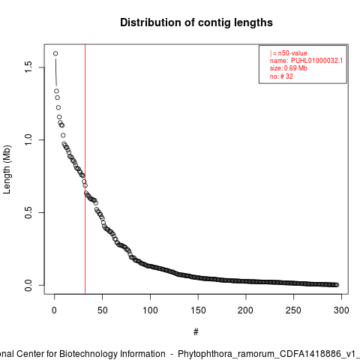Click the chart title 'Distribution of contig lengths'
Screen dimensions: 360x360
click(x=196, y=22)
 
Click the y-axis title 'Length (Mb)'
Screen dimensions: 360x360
click(x=7, y=169)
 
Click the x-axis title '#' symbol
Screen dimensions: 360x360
click(x=196, y=332)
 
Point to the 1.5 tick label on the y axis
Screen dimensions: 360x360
click(x=28, y=67)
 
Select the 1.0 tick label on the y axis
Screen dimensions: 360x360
click(x=28, y=139)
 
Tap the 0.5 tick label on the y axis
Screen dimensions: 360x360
click(x=28, y=212)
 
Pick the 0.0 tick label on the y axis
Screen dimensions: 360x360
click(x=28, y=285)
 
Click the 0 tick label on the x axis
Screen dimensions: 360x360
click(x=54, y=310)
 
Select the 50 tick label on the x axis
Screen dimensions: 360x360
click(x=102, y=310)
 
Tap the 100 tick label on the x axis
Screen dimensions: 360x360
click(x=150, y=310)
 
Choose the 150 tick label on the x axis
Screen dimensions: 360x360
click(x=198, y=310)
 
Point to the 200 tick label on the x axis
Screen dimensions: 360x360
click(x=246, y=310)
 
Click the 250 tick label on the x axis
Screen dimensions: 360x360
click(x=293, y=310)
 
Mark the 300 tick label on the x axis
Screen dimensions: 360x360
click(x=341, y=310)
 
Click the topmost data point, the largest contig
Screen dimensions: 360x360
click(x=55, y=53)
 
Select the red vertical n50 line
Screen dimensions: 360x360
click(x=85, y=169)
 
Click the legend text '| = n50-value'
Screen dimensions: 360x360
click(x=289, y=53)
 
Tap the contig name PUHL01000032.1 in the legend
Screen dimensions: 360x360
click(x=316, y=61)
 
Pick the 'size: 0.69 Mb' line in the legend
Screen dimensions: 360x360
click(x=289, y=68)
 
